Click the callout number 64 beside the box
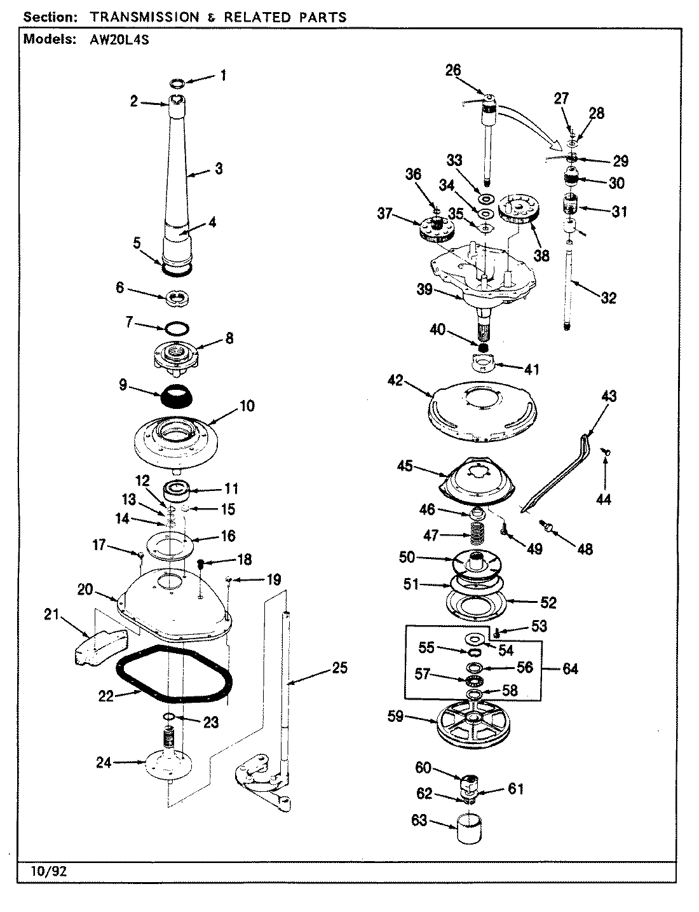570,669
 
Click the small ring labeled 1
179,83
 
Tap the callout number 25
340,668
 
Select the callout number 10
247,405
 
